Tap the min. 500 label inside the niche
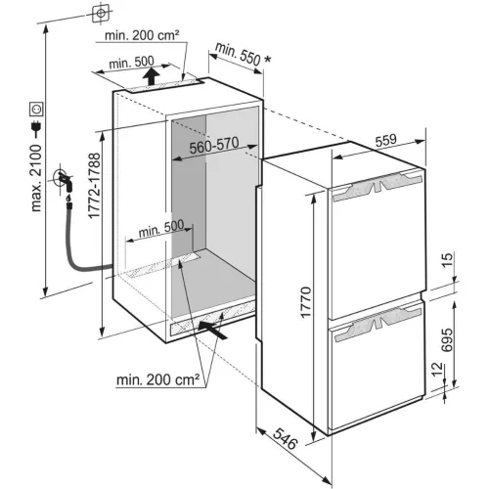tap(161, 231)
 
